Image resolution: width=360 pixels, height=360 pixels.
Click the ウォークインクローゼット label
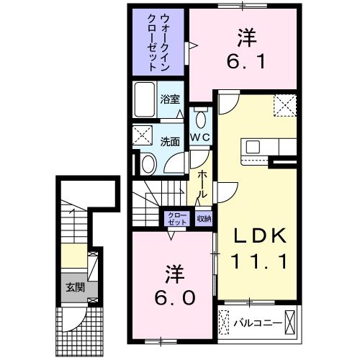(x=158, y=41)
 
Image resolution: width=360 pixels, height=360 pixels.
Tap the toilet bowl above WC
(x=199, y=120)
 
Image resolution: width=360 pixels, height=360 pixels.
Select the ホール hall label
(x=202, y=184)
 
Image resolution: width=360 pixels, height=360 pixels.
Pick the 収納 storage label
(x=204, y=219)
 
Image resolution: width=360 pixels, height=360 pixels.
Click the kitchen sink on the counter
(x=253, y=147)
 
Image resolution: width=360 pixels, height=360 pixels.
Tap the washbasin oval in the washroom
(x=148, y=164)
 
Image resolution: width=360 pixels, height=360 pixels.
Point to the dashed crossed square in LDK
(x=284, y=106)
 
